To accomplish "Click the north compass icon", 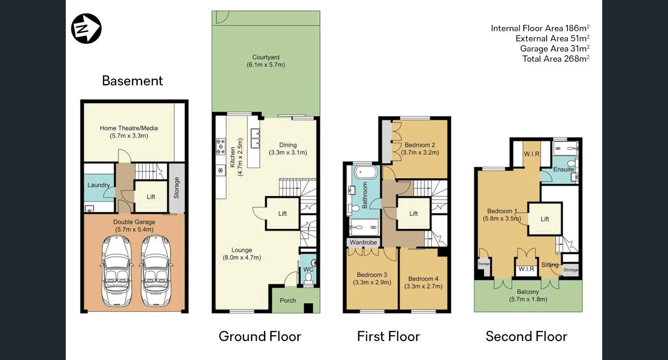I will point(86,28).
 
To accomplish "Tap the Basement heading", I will point(132,81).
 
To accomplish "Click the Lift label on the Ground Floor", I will point(283,214).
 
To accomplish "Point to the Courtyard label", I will point(266,57).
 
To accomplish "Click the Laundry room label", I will point(98,185).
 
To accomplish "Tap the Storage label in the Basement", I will point(177,188).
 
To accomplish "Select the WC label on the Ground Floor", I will point(308,269).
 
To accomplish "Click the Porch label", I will point(288,301).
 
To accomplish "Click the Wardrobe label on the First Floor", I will point(363,242).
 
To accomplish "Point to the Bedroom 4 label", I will point(423,279).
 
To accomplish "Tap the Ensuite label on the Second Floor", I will point(563,169).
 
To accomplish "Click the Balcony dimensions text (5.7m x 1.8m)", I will point(528,299).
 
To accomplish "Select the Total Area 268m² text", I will point(556,59).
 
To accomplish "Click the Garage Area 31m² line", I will point(554,49).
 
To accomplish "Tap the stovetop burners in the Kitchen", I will point(221,146).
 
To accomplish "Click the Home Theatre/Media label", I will point(129,128).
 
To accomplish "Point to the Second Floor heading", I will point(526,336).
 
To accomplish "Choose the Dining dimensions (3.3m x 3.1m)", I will point(288,152).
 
